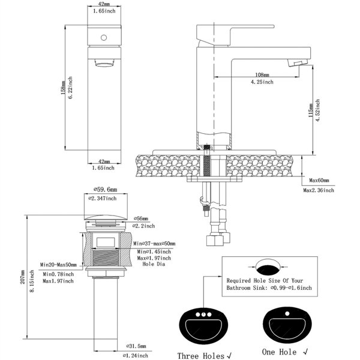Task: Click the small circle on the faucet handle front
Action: coord(104,38)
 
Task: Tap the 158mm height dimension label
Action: coord(63,88)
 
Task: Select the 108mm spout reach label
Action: coord(262,75)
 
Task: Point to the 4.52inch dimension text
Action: coord(317,110)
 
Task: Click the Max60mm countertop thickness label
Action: coord(319,181)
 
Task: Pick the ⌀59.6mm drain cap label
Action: coord(106,190)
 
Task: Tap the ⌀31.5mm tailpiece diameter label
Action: coord(136,346)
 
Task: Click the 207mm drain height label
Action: coord(23,277)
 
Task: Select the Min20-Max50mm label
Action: coord(58,265)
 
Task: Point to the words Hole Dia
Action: coord(154,264)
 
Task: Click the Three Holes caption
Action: coord(205,356)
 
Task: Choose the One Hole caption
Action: coord(284,352)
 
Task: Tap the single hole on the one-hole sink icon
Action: coord(287,313)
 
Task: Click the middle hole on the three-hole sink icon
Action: coord(203,314)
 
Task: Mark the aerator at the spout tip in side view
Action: coord(298,62)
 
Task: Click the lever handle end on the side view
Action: coord(272,26)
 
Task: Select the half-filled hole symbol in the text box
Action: coord(268,267)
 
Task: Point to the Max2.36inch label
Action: coord(319,190)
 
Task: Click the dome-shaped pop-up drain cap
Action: coord(106,217)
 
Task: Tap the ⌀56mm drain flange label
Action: coord(141,218)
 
